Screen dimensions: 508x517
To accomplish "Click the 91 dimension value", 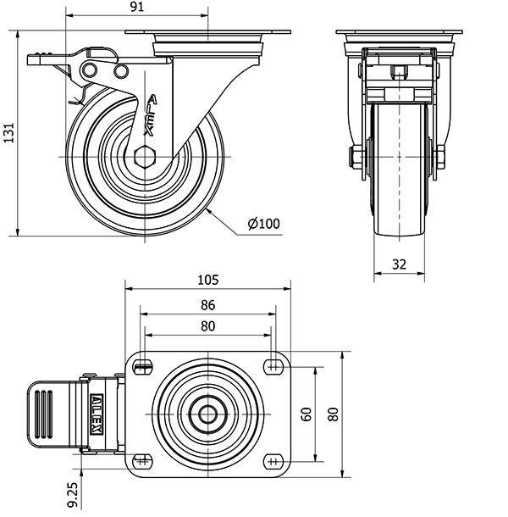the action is click(x=137, y=7).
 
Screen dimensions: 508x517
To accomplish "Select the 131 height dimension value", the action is click(x=9, y=133).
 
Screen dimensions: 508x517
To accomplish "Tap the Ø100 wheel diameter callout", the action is click(x=263, y=224).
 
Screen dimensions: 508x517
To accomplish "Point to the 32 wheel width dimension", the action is click(x=399, y=264).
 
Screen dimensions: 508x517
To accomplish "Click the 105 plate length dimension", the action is click(x=208, y=280).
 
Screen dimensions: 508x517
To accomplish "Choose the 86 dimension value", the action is click(x=208, y=305).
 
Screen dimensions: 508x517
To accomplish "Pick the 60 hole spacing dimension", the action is click(x=306, y=414).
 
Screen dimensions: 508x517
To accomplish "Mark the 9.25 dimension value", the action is click(x=73, y=495).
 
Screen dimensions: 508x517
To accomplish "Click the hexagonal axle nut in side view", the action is click(x=145, y=157).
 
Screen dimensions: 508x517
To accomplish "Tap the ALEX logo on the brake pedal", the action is click(x=97, y=414).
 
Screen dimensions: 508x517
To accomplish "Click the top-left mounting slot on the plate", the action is click(x=143, y=367).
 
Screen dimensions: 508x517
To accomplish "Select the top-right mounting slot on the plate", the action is click(x=273, y=367).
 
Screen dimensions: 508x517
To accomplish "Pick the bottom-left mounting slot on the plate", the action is click(x=142, y=461).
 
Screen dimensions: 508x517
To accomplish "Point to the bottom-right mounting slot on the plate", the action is click(x=273, y=461).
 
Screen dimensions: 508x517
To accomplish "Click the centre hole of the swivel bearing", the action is click(x=208, y=414).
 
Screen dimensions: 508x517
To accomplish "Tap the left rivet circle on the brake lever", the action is click(x=90, y=69).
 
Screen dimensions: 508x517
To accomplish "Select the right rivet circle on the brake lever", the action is click(x=121, y=71).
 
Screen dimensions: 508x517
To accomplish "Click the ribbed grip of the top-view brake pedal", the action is click(x=43, y=414).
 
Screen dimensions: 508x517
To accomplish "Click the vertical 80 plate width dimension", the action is click(x=334, y=414).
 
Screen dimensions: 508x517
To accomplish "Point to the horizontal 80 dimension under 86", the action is click(x=208, y=326).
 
